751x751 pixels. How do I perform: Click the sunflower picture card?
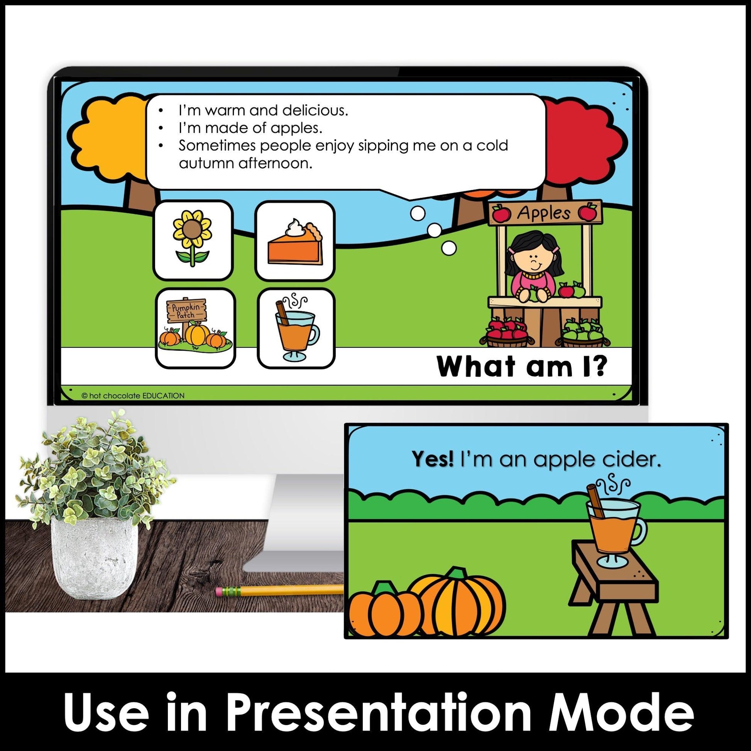(x=194, y=240)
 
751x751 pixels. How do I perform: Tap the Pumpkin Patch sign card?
(x=196, y=328)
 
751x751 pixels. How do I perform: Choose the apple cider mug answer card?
(x=296, y=328)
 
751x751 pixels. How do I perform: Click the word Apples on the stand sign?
(x=544, y=213)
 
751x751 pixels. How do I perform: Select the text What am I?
(x=521, y=366)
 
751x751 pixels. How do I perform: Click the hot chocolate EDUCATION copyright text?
(x=133, y=396)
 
